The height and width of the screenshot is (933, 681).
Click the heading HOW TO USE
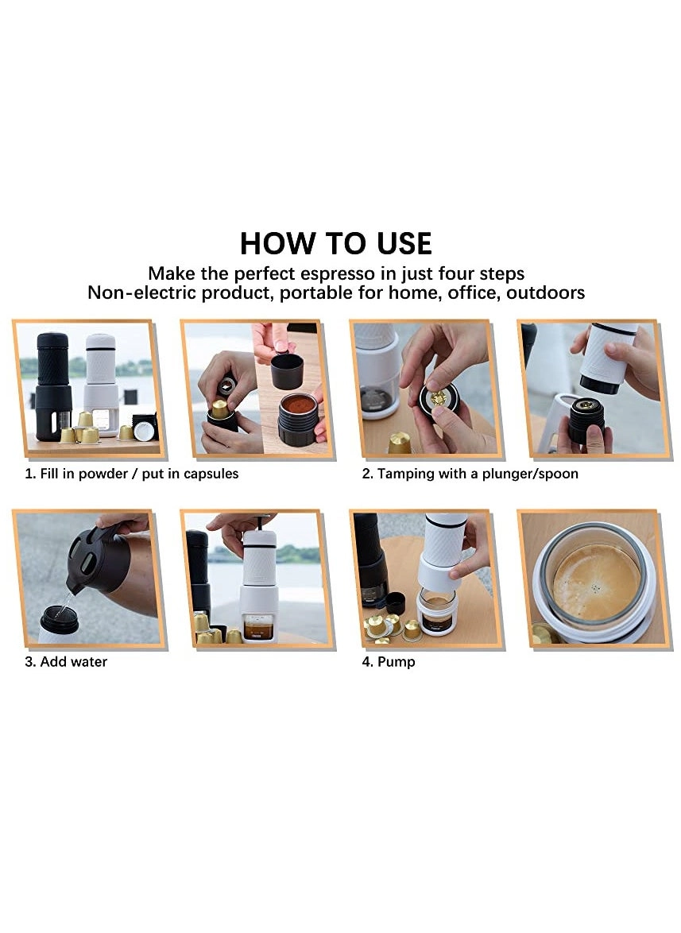coord(336,242)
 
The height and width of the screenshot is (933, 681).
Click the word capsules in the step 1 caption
coord(210,474)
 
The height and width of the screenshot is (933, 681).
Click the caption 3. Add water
coord(65,661)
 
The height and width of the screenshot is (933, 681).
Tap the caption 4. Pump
coord(389,661)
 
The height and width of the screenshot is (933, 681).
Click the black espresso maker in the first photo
coord(52,381)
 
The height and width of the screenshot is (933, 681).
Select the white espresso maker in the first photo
coord(101,381)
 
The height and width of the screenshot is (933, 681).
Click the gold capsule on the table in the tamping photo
coord(400,442)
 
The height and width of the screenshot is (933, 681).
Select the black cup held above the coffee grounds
coord(287,370)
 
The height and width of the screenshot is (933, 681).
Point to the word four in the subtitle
coord(455,274)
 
